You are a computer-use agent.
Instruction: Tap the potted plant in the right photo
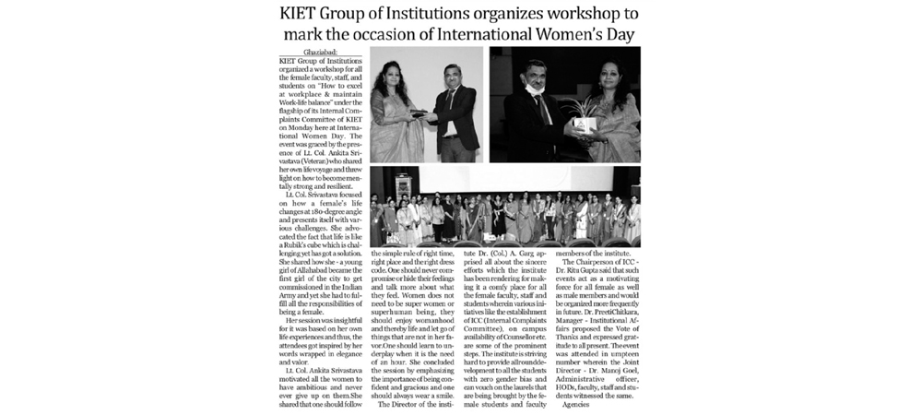click(584, 118)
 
